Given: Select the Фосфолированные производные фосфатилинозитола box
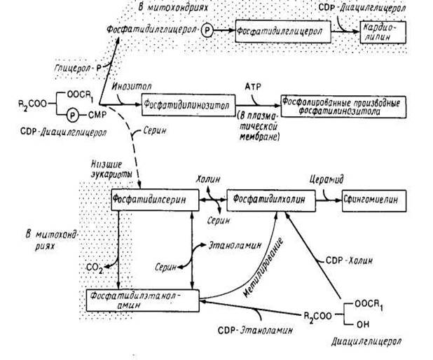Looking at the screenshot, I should pyautogui.click(x=341, y=103).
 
